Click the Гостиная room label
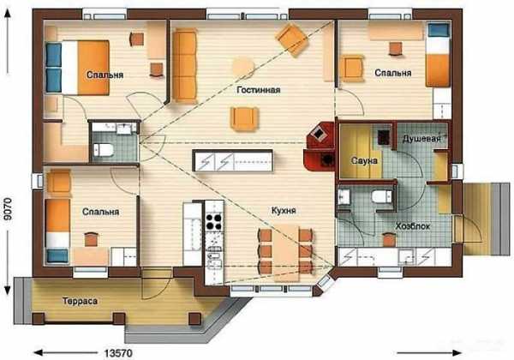click(x=259, y=90)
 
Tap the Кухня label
click(x=284, y=210)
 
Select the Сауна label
click(x=364, y=160)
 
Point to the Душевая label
click(x=421, y=139)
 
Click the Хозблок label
click(x=412, y=226)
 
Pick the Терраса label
click(x=80, y=301)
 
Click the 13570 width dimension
click(x=118, y=353)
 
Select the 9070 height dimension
click(x=7, y=209)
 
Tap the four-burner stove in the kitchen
click(x=213, y=222)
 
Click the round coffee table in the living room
click(x=243, y=67)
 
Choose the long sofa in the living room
click(x=184, y=65)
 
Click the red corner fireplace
click(x=320, y=147)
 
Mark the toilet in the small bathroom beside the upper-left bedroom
click(x=104, y=150)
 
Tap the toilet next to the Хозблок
click(x=381, y=197)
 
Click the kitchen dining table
click(x=286, y=251)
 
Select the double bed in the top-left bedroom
click(x=77, y=68)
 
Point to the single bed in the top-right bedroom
click(x=439, y=54)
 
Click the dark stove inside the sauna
click(x=384, y=137)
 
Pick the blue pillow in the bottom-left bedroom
click(x=57, y=255)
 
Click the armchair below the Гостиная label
click(x=244, y=118)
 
